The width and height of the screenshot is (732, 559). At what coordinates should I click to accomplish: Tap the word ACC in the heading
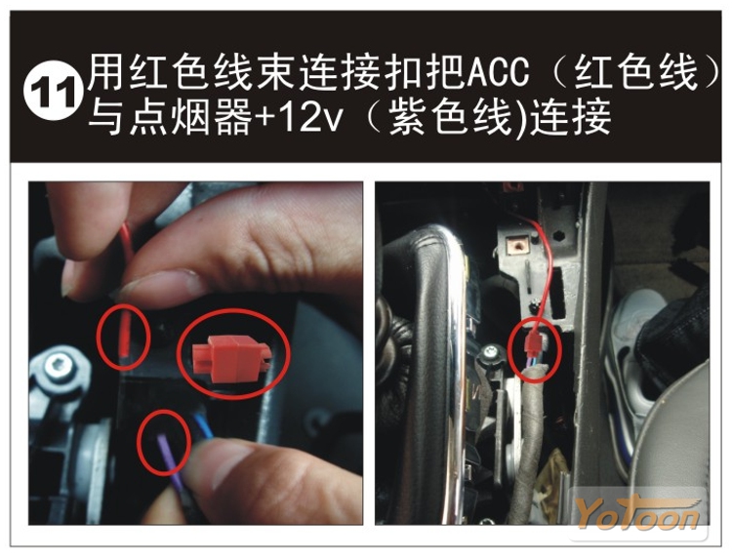(498, 72)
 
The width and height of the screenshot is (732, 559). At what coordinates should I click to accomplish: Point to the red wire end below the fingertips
(124, 333)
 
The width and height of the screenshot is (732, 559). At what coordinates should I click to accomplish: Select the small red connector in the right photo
(534, 343)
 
